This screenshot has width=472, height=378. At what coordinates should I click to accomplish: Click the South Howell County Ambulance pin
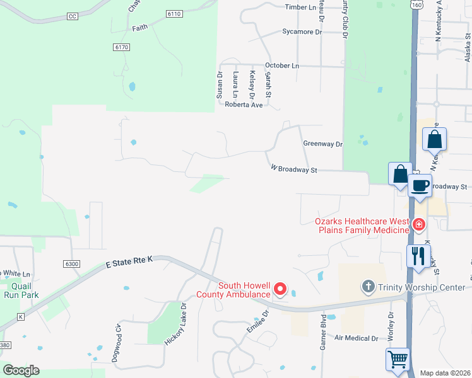(280, 290)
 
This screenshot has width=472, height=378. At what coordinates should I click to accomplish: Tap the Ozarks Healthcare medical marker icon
(418, 224)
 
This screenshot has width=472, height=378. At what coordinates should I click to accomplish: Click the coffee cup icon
(419, 186)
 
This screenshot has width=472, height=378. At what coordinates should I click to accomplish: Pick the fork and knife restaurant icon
(418, 256)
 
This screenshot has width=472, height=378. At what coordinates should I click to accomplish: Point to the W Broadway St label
(293, 169)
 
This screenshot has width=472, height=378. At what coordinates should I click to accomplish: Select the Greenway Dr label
(322, 144)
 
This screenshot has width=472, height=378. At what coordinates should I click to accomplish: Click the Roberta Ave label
(244, 105)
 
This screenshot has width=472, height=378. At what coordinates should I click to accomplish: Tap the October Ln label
(282, 66)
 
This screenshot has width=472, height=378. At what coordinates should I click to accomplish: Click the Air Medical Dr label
(356, 338)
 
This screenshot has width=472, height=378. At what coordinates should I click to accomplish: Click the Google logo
(21, 370)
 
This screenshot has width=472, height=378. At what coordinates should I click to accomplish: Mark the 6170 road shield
(122, 47)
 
